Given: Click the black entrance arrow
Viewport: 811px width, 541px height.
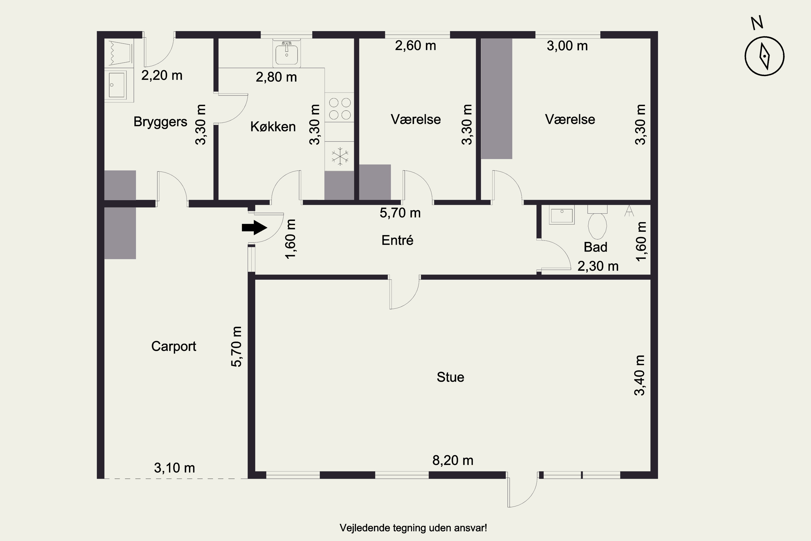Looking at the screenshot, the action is [254, 227].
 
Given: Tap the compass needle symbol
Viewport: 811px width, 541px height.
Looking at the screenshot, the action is [765, 56].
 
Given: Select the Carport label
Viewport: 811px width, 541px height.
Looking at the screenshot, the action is [174, 346].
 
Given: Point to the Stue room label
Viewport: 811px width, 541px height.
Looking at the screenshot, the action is [450, 377].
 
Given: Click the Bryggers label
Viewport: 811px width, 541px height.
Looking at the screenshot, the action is [160, 122].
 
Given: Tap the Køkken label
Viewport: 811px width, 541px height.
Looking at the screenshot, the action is [273, 127].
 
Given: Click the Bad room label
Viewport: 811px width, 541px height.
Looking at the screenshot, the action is [596, 247].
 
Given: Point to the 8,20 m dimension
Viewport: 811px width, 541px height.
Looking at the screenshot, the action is [453, 460].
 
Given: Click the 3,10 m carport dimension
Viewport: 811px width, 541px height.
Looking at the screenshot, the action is [174, 468].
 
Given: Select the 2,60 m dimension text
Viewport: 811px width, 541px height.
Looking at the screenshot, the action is [416, 45].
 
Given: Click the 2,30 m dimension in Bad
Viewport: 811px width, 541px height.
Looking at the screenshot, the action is [598, 266].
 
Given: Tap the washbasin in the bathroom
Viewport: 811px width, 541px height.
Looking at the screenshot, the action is [562, 215].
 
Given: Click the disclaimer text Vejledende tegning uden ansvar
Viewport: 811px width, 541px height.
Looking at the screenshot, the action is [413, 528].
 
